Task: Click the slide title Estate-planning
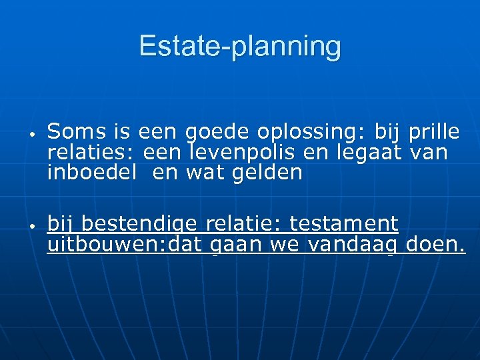(x=240, y=46)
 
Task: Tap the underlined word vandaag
(x=354, y=246)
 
